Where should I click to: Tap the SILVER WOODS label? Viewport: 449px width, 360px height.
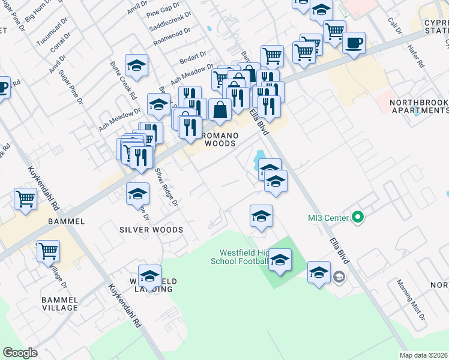point(151,230)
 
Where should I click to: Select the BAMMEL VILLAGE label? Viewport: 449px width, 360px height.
point(59,303)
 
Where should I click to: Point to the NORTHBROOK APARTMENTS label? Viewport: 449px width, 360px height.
point(419,106)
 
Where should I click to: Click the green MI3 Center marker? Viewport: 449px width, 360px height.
point(358,217)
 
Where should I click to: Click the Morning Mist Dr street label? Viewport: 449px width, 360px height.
point(410,299)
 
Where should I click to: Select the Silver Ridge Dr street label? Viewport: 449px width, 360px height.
point(166,187)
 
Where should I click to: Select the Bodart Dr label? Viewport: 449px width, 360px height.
point(193,59)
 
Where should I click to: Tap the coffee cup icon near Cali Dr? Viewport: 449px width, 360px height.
point(354,43)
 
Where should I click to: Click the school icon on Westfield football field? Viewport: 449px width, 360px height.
point(280,260)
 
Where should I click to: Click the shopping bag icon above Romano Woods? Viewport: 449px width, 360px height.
point(220,110)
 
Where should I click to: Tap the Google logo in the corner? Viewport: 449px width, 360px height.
point(20,352)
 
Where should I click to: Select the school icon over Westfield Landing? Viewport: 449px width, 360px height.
point(149,276)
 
